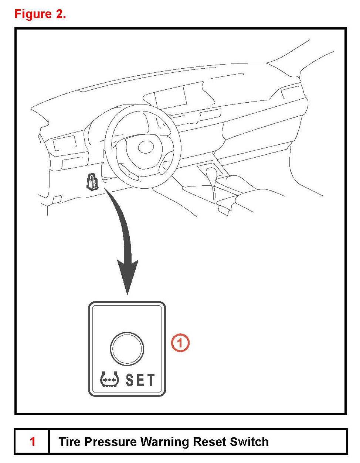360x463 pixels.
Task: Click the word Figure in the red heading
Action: [33, 14]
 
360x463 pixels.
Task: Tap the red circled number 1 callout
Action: [180, 343]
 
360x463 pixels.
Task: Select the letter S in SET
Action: [129, 380]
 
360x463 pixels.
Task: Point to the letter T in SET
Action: [151, 380]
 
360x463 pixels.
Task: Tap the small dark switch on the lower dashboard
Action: [92, 182]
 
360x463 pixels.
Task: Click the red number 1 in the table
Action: [33, 441]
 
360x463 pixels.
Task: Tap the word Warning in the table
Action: [165, 442]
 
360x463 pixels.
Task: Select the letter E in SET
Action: [140, 380]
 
